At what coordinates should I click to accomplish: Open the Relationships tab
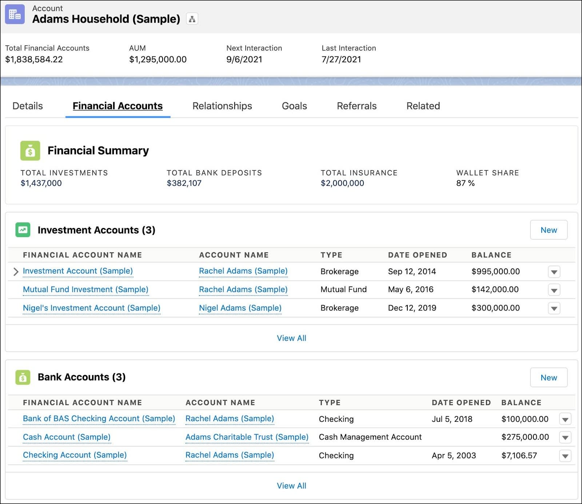point(222,106)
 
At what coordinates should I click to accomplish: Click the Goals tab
point(294,106)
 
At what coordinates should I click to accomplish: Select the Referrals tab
point(356,106)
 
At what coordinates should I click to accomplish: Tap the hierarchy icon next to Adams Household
point(192,19)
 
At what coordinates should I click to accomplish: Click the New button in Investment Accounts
point(548,230)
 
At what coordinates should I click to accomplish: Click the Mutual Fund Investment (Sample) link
point(85,289)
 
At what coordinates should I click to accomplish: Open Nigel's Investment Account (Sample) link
point(91,308)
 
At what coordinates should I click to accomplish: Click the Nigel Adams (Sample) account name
point(240,308)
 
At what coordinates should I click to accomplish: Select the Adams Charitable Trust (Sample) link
point(247,437)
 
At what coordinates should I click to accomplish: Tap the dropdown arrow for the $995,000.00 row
point(554,272)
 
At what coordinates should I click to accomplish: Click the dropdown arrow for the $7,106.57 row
point(565,456)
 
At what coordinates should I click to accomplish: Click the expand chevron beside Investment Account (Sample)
point(16,272)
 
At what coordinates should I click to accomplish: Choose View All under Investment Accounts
point(291,338)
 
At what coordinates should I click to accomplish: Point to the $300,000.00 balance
point(495,308)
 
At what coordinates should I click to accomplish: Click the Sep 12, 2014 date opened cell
point(412,271)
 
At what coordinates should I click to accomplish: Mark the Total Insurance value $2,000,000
point(342,183)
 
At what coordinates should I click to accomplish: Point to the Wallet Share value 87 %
point(465,183)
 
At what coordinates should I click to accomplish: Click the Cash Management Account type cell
point(370,437)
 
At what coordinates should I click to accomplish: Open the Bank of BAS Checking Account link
point(99,419)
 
